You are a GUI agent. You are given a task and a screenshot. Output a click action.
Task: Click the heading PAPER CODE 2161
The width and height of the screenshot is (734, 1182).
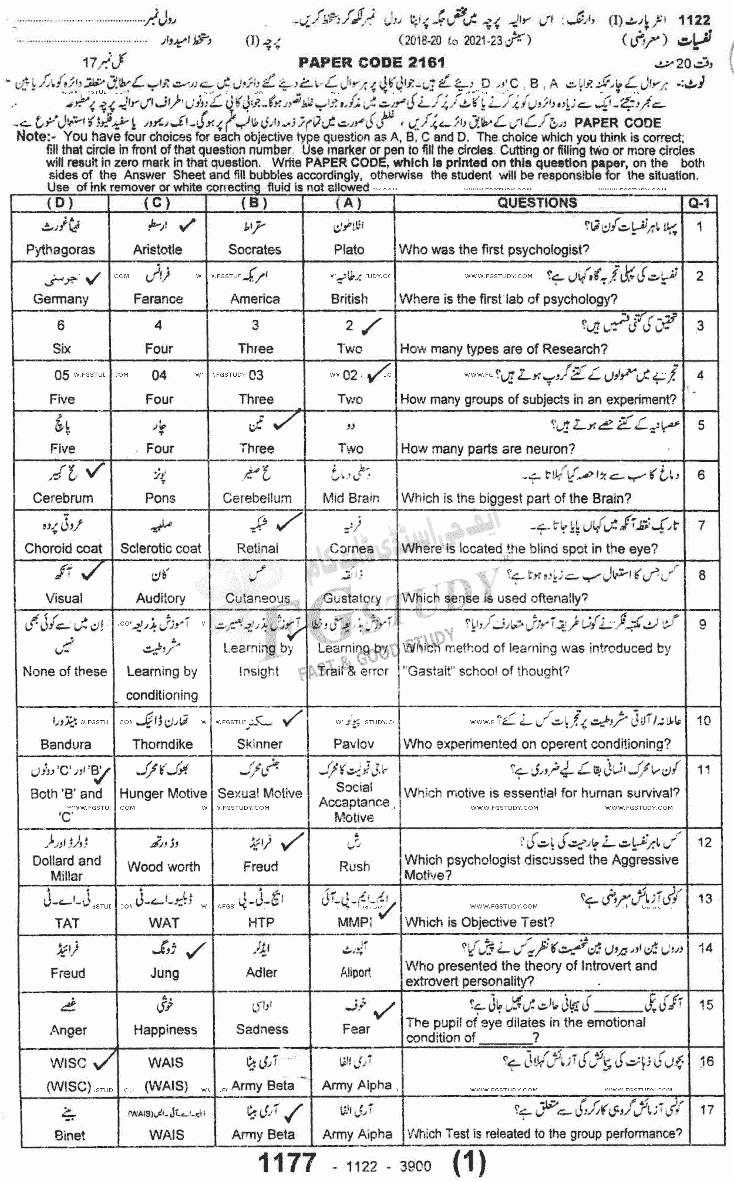tap(372, 62)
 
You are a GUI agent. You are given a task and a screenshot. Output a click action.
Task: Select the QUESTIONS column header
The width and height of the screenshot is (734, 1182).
tap(537, 203)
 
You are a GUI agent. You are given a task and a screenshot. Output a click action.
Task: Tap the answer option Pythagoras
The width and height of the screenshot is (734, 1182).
tap(60, 249)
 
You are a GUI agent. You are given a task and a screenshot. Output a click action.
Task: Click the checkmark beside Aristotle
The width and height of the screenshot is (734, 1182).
tap(187, 225)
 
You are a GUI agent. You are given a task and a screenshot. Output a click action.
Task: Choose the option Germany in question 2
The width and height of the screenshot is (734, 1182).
tap(60, 299)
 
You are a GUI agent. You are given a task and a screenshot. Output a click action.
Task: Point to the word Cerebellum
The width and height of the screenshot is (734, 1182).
tap(257, 498)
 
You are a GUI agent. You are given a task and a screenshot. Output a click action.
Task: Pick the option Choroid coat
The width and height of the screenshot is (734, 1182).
tap(63, 549)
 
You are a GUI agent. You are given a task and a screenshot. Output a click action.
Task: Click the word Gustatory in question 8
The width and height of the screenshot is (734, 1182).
tap(352, 598)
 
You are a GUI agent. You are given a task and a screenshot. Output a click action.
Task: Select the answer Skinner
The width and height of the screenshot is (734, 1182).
tap(260, 744)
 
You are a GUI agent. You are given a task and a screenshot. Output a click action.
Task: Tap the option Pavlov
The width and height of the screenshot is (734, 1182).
tap(353, 744)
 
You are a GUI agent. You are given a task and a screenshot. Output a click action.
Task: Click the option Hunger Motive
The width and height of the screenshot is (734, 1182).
tap(163, 793)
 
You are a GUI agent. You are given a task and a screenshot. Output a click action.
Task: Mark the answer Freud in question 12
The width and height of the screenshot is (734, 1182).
tap(261, 866)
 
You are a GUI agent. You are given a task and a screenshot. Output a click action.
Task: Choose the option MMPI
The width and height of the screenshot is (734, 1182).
tap(355, 922)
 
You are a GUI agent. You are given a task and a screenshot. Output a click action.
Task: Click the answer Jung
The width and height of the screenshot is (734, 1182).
tap(164, 972)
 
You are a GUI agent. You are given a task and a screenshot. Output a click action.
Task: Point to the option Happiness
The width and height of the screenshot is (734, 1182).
tap(165, 1029)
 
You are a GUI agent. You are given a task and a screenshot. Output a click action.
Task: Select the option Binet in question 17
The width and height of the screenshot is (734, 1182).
tap(69, 1135)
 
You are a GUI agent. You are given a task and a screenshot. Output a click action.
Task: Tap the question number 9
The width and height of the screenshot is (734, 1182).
tap(702, 624)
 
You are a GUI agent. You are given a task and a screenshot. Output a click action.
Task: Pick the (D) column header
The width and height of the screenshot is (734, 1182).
tap(60, 203)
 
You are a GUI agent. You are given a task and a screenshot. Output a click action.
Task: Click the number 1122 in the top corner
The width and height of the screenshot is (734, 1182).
tap(694, 21)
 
